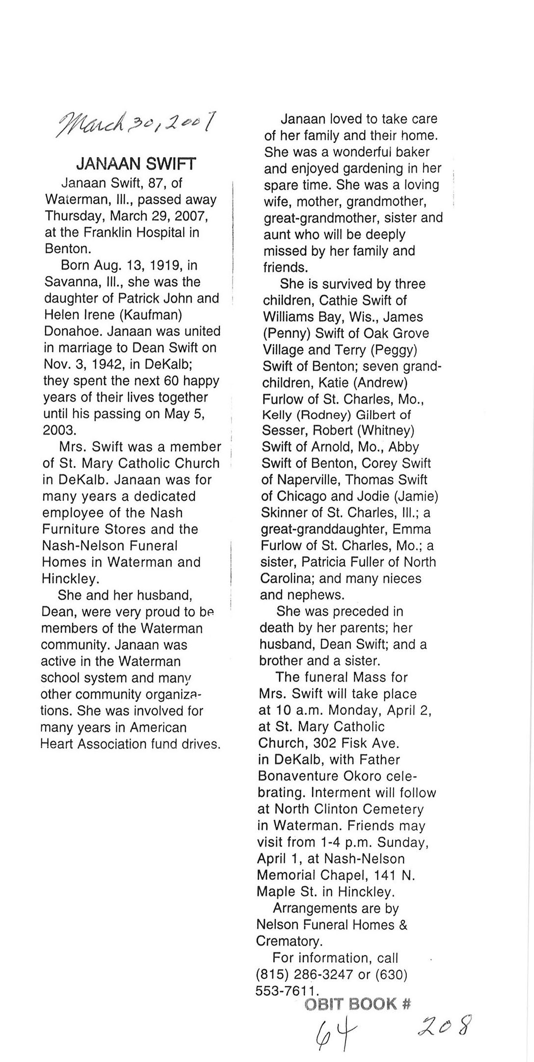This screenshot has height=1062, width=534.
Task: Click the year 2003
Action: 59,431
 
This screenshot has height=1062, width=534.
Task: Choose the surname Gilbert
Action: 377,415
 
